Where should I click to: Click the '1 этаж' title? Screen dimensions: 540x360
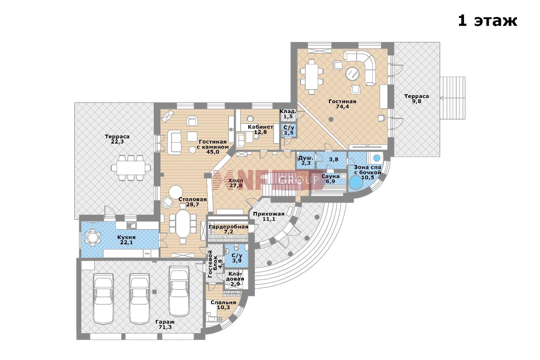point(487,21)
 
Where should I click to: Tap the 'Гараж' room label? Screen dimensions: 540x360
point(165,322)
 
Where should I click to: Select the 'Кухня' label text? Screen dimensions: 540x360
point(126,237)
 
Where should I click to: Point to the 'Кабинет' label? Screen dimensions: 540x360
point(260,127)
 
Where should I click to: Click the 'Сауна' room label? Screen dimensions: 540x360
point(330,176)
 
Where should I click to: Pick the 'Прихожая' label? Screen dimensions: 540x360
point(269,214)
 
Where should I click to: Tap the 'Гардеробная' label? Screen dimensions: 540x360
point(228,227)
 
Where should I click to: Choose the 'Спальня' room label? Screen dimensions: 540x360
point(223,302)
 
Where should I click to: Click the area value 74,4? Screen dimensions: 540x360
point(342,107)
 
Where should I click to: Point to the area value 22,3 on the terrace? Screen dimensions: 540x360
point(117,142)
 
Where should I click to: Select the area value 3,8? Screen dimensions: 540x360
point(333,159)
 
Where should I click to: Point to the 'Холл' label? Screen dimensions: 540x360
point(236,180)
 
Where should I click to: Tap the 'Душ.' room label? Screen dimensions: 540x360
point(306,158)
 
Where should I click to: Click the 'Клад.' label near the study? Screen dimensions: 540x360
point(288,111)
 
